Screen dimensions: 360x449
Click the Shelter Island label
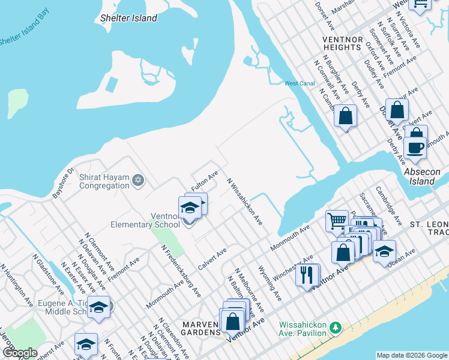[x=129, y=18]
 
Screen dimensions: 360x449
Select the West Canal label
[x=300, y=83]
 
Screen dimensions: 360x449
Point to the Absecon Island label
[x=422, y=176]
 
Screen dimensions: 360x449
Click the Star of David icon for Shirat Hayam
[x=137, y=179]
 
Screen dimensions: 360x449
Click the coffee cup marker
[x=415, y=147]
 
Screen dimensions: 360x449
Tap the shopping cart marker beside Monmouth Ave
[x=337, y=220]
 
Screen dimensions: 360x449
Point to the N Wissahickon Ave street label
[x=244, y=201]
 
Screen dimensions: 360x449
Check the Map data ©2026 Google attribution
[x=411, y=355]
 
